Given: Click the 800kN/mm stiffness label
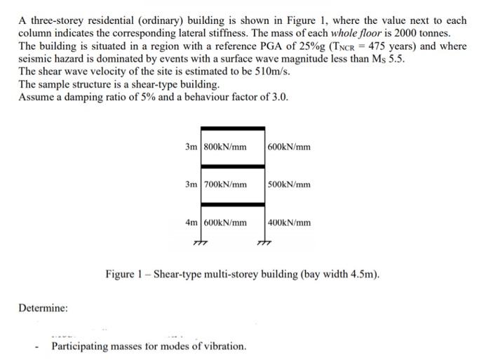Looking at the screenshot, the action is [226, 147].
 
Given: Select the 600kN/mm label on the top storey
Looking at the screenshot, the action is [289, 147].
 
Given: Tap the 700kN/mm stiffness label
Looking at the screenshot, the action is [226, 185].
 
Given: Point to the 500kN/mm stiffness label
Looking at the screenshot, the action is [289, 185].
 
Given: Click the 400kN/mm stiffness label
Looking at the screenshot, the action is [289, 223].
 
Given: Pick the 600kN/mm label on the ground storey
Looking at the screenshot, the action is [226, 223].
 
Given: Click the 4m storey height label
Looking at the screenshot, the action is [191, 223].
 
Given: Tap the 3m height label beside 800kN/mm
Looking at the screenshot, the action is [191, 147].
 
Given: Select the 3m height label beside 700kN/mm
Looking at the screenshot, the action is [191, 185].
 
